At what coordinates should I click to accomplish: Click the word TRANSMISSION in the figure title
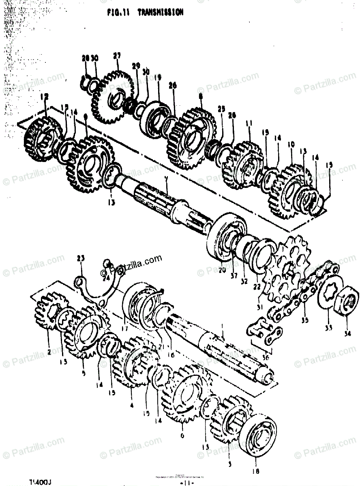tap(161, 13)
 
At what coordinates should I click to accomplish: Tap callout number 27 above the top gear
tap(117, 55)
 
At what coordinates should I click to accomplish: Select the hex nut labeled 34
tap(347, 301)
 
